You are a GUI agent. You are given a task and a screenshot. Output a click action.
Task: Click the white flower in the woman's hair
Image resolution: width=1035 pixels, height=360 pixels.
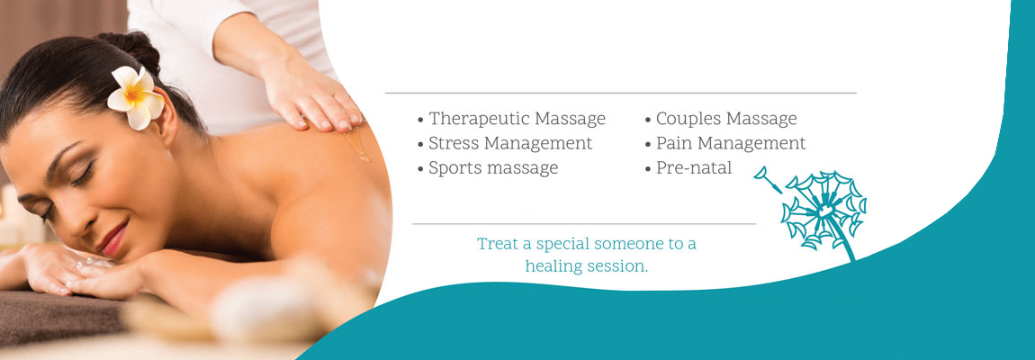click(136, 98)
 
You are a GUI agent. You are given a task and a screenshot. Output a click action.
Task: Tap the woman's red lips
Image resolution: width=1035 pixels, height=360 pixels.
click(114, 239)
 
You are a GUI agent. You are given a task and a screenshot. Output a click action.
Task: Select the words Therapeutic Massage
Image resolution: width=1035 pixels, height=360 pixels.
click(517, 119)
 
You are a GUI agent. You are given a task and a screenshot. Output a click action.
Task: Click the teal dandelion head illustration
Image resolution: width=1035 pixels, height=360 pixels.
click(823, 210)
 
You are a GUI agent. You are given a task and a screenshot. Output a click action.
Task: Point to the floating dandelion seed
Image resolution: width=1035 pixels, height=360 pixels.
click(767, 179)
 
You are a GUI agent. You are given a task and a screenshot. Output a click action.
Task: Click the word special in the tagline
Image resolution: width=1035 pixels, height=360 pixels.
click(562, 245)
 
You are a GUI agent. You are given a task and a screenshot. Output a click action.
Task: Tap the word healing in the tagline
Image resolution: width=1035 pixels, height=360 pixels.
click(552, 267)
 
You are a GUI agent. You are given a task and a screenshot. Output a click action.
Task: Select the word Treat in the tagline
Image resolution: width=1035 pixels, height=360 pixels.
click(495, 244)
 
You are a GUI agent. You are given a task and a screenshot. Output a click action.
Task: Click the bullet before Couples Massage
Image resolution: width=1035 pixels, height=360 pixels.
click(648, 121)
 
